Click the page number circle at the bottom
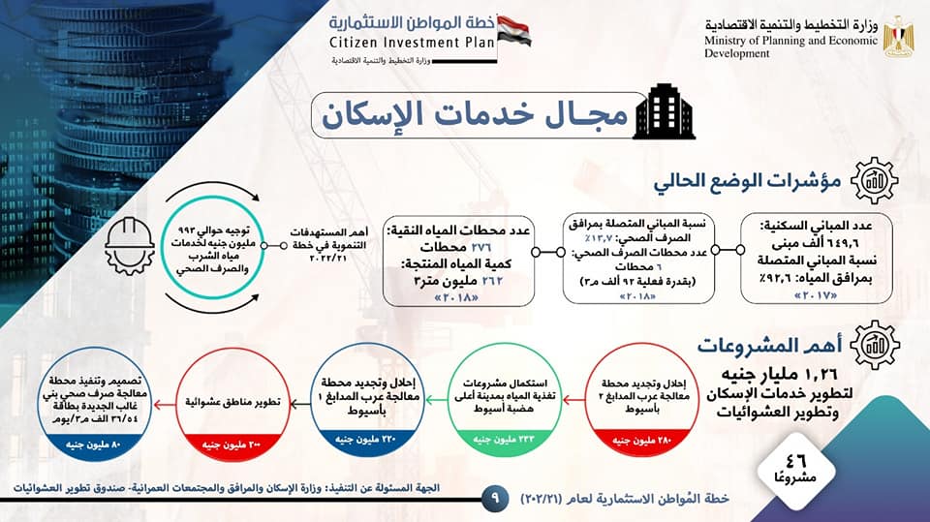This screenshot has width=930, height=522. (495, 499)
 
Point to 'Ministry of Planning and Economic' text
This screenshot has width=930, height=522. (793, 41)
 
